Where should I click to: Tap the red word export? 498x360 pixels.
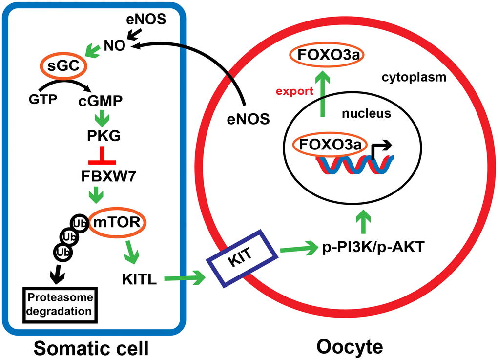[293, 91]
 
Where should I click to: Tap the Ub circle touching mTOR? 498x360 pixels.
[80, 223]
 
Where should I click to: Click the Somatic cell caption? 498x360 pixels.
[91, 347]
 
